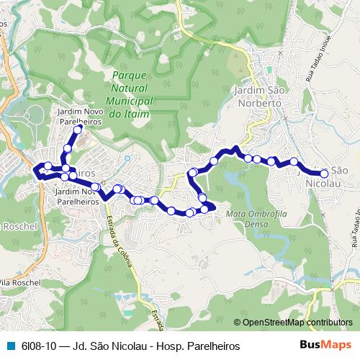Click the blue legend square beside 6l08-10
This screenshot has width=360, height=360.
(9, 346)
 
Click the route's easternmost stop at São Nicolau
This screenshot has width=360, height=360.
(324, 174)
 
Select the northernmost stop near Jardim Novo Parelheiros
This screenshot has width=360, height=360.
(78, 130)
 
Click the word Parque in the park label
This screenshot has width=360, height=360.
(129, 75)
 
